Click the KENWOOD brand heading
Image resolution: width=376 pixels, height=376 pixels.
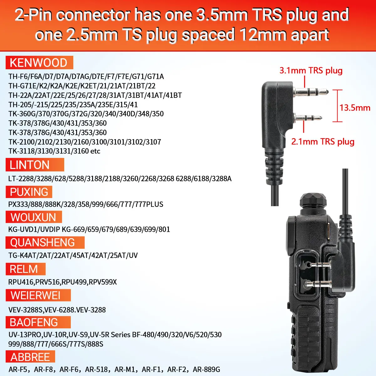(x=39, y=63)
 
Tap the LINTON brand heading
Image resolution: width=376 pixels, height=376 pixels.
(x=29, y=165)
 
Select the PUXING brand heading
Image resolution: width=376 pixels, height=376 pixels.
(x=29, y=192)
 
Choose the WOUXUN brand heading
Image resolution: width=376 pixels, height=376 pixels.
(x=33, y=217)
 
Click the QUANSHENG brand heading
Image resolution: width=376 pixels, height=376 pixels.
(x=42, y=243)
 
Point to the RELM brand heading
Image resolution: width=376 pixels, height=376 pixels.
(x=23, y=269)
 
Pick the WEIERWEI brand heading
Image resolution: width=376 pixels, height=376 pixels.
(x=35, y=295)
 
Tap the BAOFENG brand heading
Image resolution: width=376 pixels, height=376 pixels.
(x=34, y=322)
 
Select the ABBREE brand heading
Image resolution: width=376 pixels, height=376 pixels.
(x=30, y=357)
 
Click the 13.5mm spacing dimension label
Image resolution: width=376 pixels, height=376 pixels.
(x=355, y=108)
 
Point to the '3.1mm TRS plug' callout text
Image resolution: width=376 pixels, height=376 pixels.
(x=311, y=70)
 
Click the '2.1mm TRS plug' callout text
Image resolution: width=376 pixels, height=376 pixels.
(x=323, y=141)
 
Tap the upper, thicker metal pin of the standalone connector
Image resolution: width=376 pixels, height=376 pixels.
(x=311, y=91)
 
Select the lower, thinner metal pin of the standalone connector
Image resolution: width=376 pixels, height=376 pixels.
(x=308, y=118)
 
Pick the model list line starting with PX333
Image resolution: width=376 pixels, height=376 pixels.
(x=86, y=204)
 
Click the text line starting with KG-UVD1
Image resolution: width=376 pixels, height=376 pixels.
(x=89, y=229)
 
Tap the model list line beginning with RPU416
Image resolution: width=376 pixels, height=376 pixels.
(x=62, y=282)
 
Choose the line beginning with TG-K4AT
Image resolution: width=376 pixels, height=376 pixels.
(x=73, y=255)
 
